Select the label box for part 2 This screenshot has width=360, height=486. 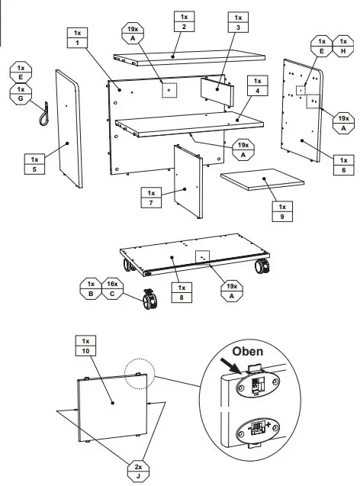click(x=183, y=22)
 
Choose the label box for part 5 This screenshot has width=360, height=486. click(x=34, y=164)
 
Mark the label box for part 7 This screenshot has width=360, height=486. click(x=151, y=197)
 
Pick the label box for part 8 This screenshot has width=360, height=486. click(x=182, y=293)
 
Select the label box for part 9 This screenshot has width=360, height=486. click(x=281, y=212)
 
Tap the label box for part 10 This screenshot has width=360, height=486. click(x=85, y=346)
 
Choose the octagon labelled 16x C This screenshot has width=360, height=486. click(x=114, y=288)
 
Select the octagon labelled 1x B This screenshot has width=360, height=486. click(x=92, y=288)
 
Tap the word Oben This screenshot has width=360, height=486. click(x=249, y=352)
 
